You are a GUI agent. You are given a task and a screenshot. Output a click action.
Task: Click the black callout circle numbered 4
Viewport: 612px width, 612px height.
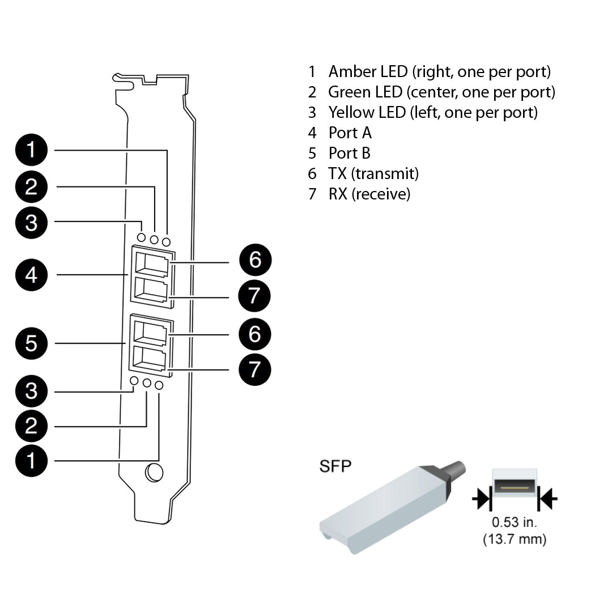[x=32, y=275]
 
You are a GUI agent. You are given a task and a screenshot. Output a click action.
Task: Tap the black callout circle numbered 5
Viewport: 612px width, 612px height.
[x=32, y=343]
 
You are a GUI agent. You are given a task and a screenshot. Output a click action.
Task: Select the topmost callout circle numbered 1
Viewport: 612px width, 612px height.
[x=32, y=150]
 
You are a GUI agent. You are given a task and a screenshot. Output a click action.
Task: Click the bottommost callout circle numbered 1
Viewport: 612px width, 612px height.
[x=32, y=460]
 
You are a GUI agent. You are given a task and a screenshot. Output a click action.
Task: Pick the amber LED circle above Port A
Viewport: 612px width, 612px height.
[x=166, y=242]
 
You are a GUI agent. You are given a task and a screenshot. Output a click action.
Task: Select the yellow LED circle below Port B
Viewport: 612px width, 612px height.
[x=134, y=381]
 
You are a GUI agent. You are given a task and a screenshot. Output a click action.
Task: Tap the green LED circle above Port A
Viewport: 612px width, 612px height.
[x=154, y=240]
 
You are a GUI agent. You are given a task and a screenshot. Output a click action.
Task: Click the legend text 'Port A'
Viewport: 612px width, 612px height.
[x=350, y=133]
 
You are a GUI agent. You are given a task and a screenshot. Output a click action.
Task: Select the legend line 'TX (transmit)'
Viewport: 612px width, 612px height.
[x=373, y=173]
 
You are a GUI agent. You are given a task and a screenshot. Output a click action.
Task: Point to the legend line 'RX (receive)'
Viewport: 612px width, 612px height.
[x=369, y=194]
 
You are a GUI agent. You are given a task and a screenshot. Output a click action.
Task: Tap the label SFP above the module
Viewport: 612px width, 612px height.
[x=335, y=466]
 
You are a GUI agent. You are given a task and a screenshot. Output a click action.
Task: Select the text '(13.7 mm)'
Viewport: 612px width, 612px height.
[x=515, y=539]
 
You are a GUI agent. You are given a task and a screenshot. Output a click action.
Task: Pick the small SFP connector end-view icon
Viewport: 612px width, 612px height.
[x=515, y=486]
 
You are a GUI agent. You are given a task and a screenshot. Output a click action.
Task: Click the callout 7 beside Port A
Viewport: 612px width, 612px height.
[x=254, y=295]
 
